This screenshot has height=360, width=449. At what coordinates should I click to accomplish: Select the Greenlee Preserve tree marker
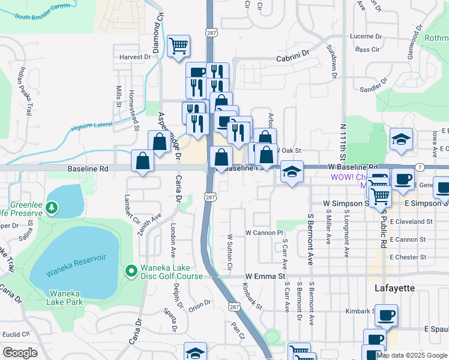click(52, 208)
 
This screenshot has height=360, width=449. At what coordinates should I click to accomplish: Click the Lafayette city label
click(394, 288)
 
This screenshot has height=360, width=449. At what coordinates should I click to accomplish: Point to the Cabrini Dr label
click(292, 58)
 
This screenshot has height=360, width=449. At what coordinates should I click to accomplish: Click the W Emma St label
click(265, 275)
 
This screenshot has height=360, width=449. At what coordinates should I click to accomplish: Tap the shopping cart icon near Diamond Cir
click(178, 45)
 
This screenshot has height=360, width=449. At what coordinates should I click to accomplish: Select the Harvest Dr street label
click(135, 57)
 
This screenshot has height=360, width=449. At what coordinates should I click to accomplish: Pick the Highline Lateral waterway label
click(92, 126)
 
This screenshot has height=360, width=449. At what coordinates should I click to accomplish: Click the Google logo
click(20, 353)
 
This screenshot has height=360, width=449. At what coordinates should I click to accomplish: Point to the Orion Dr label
click(199, 305)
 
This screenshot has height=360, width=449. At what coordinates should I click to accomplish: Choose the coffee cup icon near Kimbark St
click(386, 314)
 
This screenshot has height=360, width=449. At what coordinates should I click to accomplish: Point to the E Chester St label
click(408, 257)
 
